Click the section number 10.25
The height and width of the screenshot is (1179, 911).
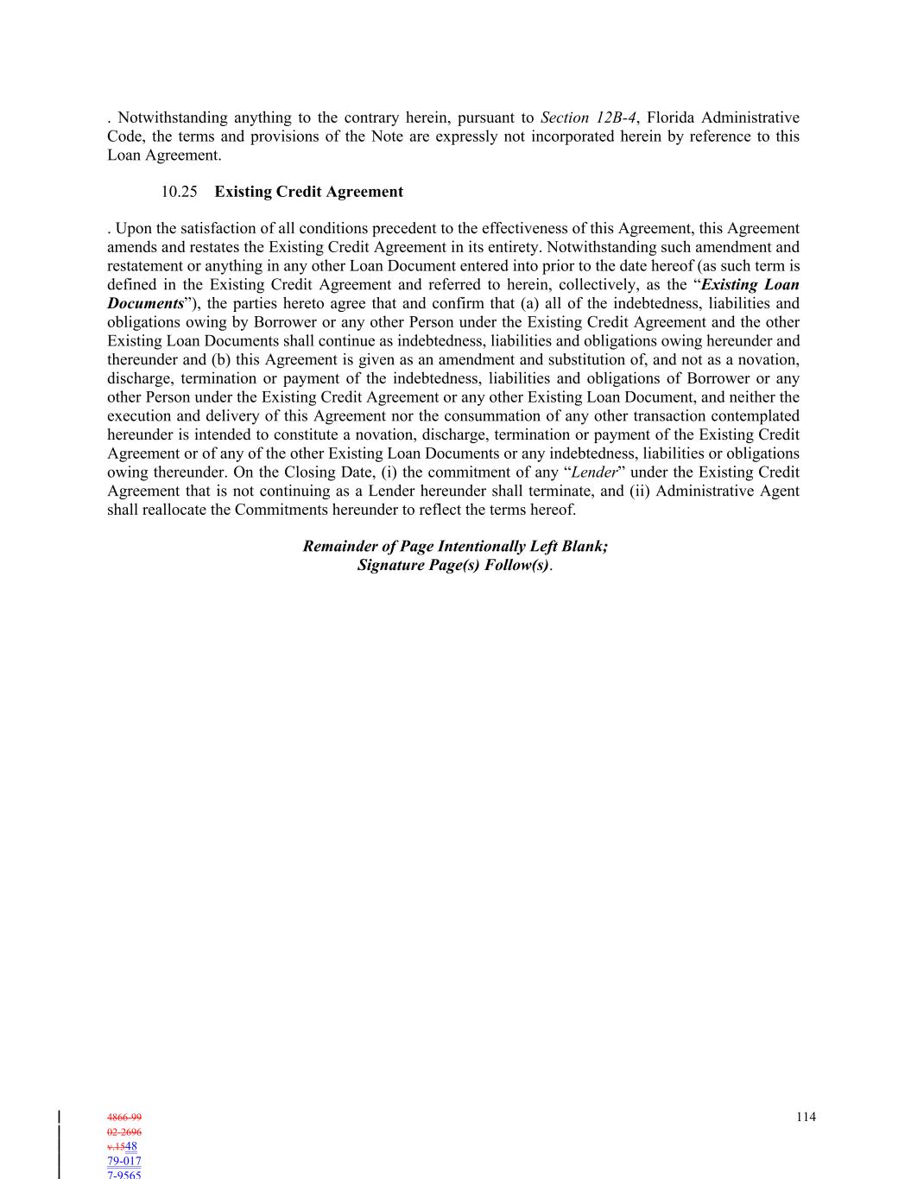pyautogui.click(x=179, y=192)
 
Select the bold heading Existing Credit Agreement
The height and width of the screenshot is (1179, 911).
pyautogui.click(x=308, y=192)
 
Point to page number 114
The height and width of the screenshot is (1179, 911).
pyautogui.click(x=805, y=1117)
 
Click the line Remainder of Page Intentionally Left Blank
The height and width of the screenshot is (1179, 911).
pyautogui.click(x=455, y=547)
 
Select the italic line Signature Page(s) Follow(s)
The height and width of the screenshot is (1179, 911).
pyautogui.click(x=453, y=566)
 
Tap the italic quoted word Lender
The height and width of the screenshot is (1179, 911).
pyautogui.click(x=594, y=472)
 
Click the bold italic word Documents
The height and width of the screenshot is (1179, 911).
pyautogui.click(x=145, y=304)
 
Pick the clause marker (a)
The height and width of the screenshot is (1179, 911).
pyautogui.click(x=522, y=304)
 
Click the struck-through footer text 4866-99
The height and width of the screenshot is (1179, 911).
pyautogui.click(x=124, y=1118)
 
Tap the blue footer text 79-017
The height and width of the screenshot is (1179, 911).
pyautogui.click(x=124, y=1162)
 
